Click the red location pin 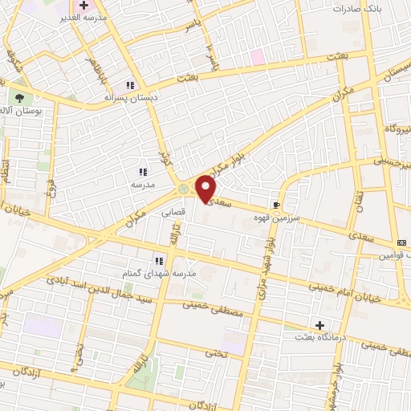205,189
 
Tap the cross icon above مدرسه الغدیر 83,6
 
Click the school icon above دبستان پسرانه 128,85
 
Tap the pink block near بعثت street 257,57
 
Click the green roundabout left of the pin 183,189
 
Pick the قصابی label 174,214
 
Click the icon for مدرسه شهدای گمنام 159,260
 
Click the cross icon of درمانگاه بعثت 320,325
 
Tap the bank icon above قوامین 401,242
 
